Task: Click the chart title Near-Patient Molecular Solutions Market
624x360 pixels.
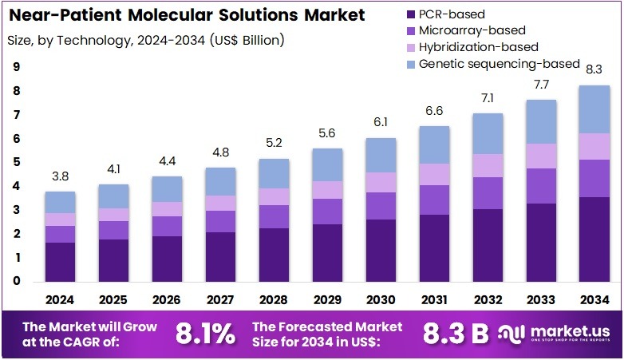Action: click(x=186, y=15)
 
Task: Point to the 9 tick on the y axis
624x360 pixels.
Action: click(x=17, y=68)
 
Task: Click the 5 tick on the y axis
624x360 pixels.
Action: click(x=17, y=163)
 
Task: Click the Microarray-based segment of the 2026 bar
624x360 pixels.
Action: click(x=166, y=226)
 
